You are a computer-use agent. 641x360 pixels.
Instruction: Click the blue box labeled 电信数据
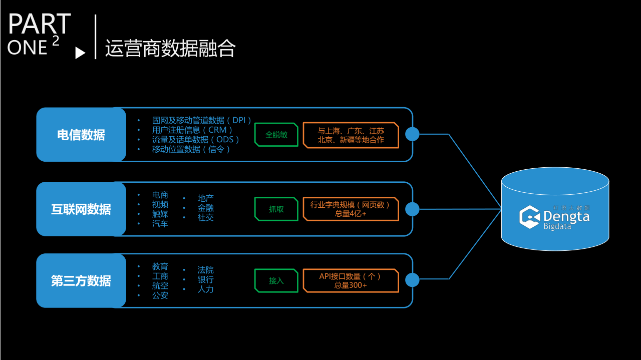point(81,135)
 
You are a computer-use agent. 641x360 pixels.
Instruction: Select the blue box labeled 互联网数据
point(81,209)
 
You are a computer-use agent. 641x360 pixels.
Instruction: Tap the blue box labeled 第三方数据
point(81,280)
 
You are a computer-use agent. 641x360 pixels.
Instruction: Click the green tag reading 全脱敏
point(276,135)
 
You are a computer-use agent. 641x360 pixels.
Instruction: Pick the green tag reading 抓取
point(276,209)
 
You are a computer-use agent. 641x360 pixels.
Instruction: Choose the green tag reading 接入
point(276,280)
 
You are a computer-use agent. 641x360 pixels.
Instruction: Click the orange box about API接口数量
point(351,280)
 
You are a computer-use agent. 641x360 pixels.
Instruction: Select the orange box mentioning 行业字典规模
point(351,209)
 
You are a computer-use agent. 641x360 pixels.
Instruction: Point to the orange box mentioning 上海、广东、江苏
point(351,135)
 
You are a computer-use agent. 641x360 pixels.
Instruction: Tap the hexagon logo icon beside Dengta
point(529,217)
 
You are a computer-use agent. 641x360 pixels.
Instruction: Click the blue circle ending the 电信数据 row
point(412,134)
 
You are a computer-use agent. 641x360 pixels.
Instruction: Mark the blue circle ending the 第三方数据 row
point(412,280)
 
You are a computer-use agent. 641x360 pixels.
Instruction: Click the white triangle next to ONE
point(80,53)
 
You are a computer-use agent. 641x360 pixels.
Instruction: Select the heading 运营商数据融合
point(170,49)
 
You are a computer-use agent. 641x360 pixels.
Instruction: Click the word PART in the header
point(40,24)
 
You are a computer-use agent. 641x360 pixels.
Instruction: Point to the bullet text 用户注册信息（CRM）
point(192,130)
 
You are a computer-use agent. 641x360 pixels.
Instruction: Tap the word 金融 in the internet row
point(205,208)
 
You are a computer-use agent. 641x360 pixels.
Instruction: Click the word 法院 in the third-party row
point(205,270)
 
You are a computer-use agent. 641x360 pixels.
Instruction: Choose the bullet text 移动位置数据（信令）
point(191,149)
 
